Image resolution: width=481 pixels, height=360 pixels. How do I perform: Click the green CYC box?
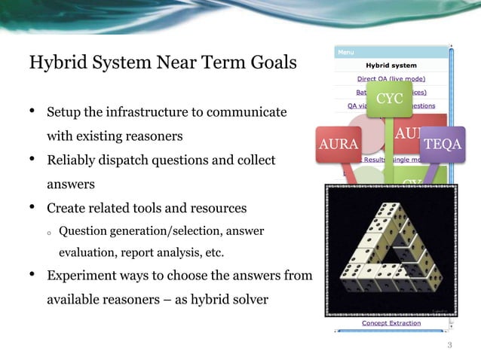tap(389, 99)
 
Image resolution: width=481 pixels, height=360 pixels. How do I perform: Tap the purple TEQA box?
tap(443, 143)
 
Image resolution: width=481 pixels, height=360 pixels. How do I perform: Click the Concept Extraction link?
tap(391, 322)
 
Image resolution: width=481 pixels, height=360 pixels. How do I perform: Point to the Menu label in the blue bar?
tap(345, 53)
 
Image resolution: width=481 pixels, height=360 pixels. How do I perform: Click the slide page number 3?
tap(449, 346)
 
